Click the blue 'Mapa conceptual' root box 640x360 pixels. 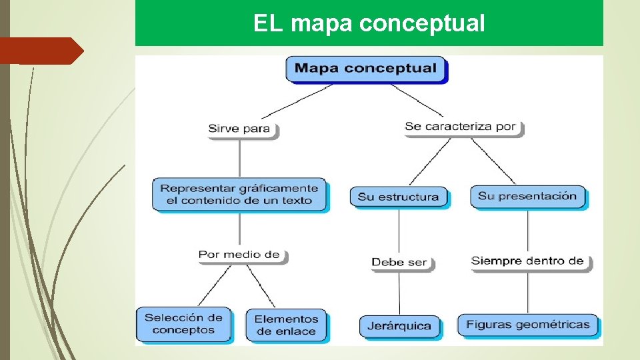(365, 69)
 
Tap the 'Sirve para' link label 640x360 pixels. (239, 129)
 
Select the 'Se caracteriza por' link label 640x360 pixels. (461, 126)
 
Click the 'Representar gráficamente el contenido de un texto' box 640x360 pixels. (239, 194)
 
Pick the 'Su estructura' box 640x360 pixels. (399, 197)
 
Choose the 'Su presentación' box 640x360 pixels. (527, 196)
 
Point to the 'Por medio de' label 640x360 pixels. (239, 255)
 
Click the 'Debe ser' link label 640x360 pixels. (399, 262)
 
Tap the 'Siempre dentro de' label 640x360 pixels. (527, 261)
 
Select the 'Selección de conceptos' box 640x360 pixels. (183, 324)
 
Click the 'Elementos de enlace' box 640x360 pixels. (286, 325)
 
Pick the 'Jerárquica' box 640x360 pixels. (399, 327)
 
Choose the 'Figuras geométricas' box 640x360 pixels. (527, 325)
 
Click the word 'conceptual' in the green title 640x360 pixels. (422, 24)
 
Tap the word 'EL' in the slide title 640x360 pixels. (269, 24)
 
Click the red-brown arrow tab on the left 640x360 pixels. (40, 51)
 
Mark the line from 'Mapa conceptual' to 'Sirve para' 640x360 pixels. (297, 102)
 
